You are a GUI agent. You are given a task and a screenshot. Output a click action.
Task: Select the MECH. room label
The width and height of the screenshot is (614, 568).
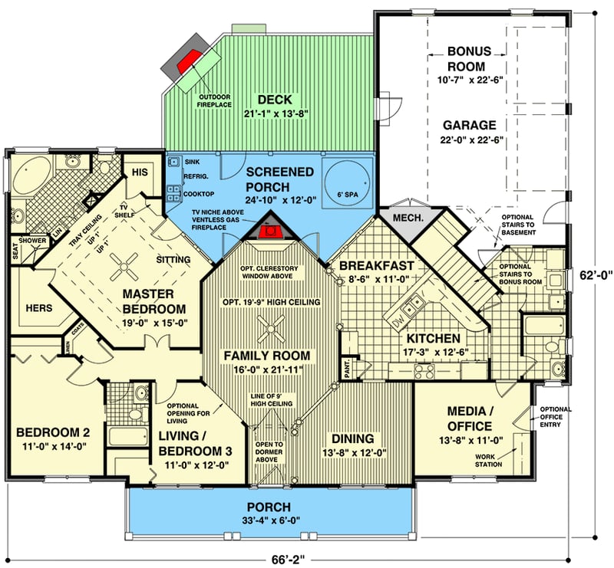pos(407,218)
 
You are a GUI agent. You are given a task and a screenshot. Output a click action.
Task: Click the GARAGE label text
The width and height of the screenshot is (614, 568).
pos(468,125)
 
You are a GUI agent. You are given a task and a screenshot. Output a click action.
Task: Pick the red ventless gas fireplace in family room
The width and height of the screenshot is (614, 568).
pos(269,232)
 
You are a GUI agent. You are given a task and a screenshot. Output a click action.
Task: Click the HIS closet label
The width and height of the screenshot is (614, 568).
pos(140,172)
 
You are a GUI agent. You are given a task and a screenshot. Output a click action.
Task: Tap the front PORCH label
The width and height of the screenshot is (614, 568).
pos(268,507)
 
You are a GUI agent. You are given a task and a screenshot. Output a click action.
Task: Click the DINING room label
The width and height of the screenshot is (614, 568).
pos(354,438)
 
